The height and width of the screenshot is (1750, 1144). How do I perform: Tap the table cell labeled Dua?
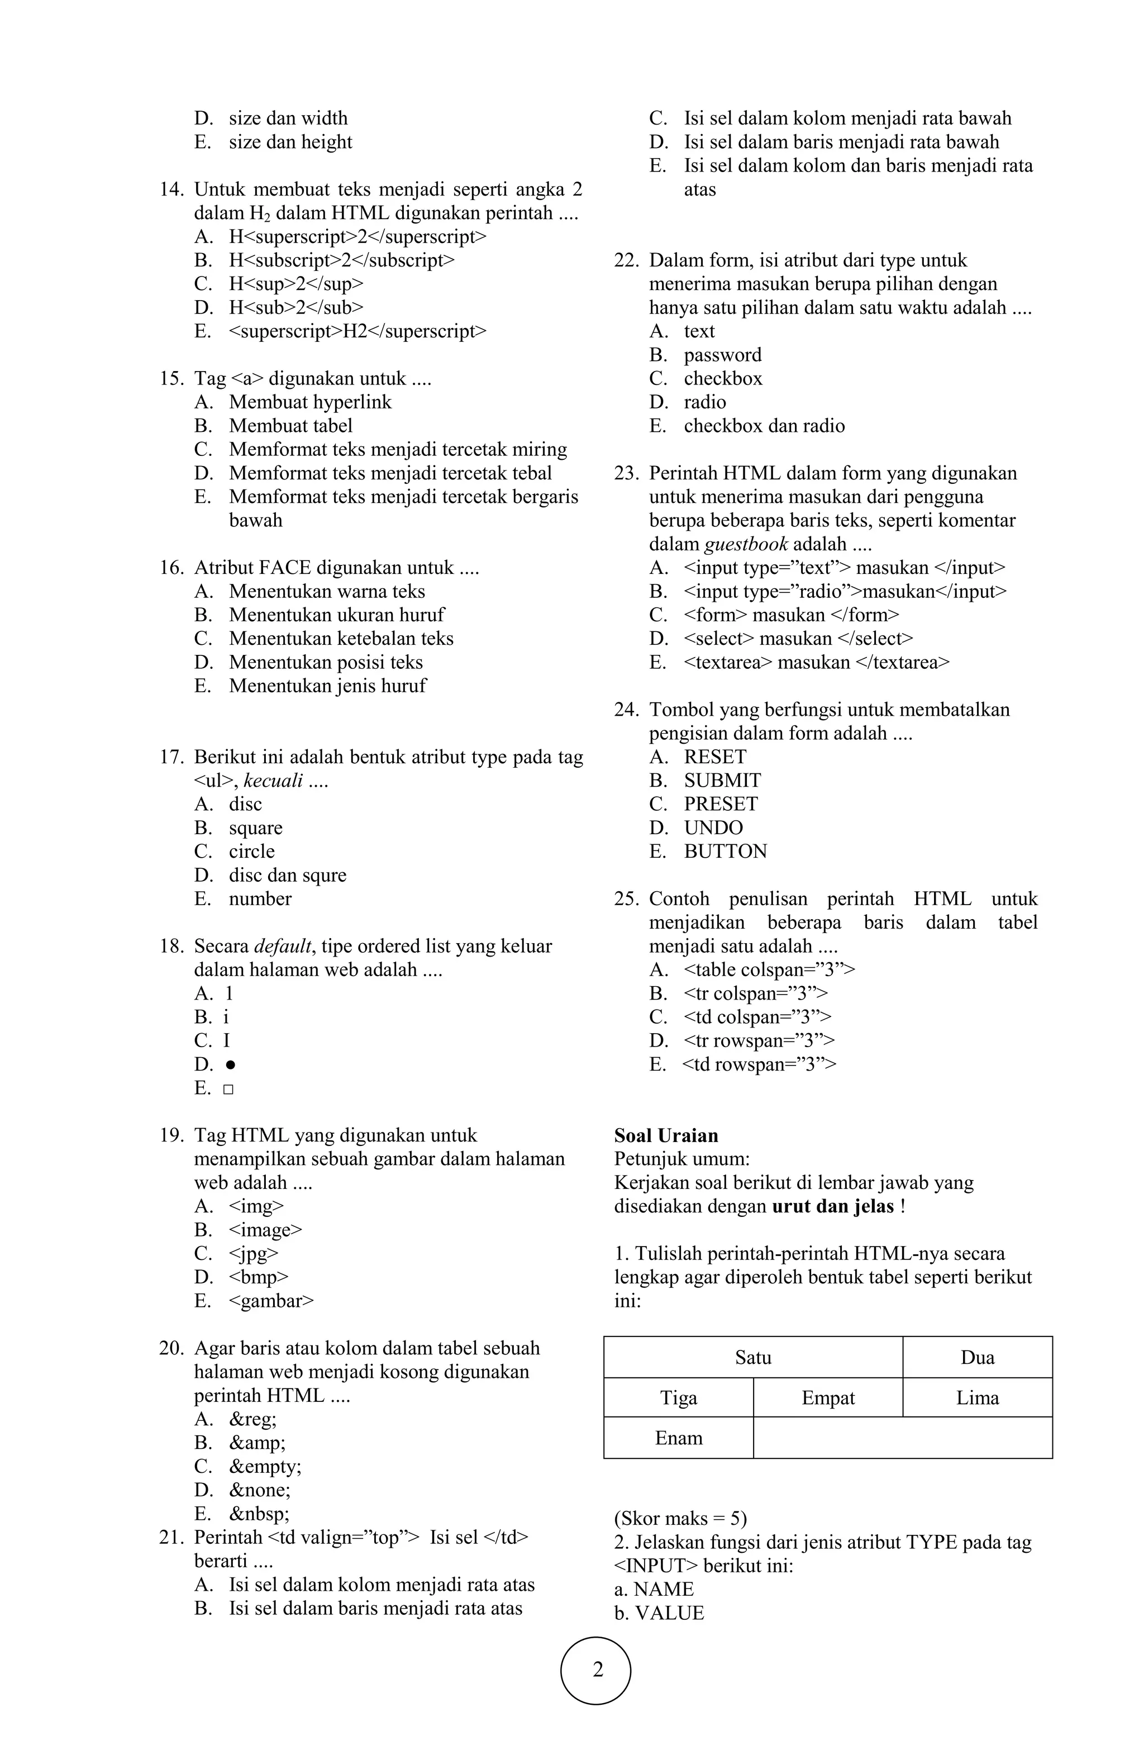pyautogui.click(x=976, y=1357)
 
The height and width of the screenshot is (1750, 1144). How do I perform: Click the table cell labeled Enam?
pyautogui.click(x=678, y=1438)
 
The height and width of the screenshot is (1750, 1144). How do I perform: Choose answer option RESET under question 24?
pyautogui.click(x=714, y=757)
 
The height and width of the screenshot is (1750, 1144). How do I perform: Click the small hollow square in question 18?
pyautogui.click(x=228, y=1089)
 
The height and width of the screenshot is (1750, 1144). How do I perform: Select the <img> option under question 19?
pyautogui.click(x=256, y=1206)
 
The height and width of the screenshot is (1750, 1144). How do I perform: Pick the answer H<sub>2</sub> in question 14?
pyautogui.click(x=295, y=307)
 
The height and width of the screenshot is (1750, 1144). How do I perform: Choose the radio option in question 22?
pyautogui.click(x=704, y=402)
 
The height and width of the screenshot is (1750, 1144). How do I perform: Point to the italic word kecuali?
pyautogui.click(x=273, y=781)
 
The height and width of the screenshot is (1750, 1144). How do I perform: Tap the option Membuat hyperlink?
pyautogui.click(x=309, y=402)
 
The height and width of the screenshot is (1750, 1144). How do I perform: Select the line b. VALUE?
pyautogui.click(x=659, y=1613)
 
